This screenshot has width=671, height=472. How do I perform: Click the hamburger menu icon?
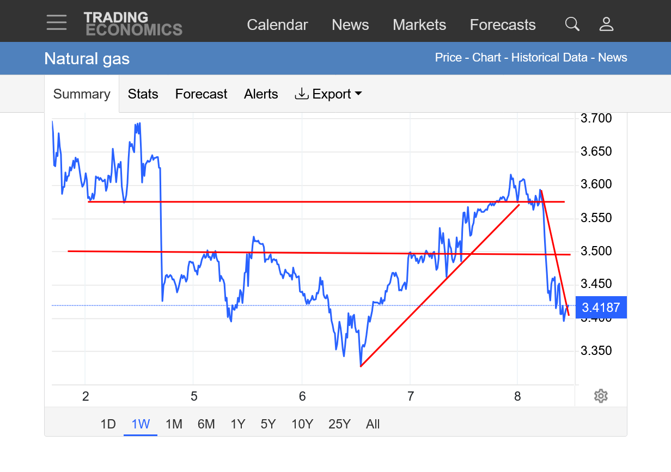(x=57, y=22)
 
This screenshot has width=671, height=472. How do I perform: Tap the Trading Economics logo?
(x=133, y=24)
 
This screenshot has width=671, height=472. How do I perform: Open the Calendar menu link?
(x=277, y=25)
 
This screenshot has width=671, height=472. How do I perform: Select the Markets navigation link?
(x=419, y=25)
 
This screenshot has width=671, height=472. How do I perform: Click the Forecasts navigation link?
(x=503, y=25)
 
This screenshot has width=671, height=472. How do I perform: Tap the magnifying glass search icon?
(x=572, y=24)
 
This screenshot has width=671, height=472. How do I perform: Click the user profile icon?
(x=606, y=24)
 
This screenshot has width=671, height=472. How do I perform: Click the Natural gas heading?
(x=87, y=58)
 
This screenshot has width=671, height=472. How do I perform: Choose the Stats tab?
(x=143, y=94)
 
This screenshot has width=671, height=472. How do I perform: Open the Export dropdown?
(x=328, y=94)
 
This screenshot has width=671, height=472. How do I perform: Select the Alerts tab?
(x=261, y=94)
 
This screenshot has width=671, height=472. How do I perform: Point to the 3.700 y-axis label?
(x=596, y=118)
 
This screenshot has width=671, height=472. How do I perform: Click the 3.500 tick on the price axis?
(x=596, y=251)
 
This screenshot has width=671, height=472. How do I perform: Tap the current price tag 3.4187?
(x=601, y=308)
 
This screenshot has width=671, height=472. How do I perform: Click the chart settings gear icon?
(x=601, y=396)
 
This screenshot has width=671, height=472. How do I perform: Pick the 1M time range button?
(x=174, y=424)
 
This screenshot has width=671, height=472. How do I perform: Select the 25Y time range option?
(x=339, y=424)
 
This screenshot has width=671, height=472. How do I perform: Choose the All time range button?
(x=373, y=424)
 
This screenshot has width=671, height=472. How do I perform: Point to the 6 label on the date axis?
(x=302, y=396)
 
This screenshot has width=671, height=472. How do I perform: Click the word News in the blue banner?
(x=613, y=58)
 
